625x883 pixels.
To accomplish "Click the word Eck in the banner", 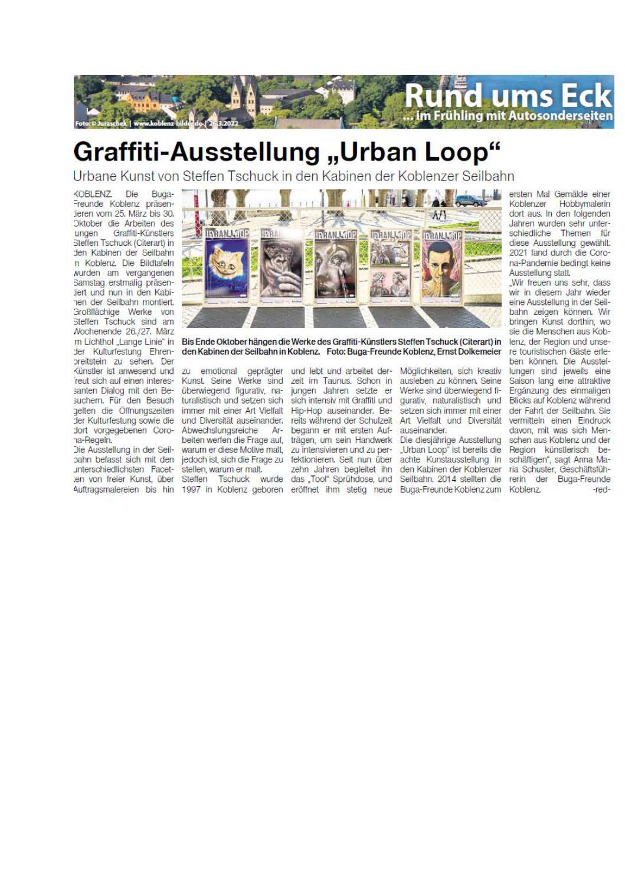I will [585, 96].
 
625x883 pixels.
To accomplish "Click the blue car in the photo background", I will [468, 201].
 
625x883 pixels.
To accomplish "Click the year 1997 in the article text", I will [191, 490].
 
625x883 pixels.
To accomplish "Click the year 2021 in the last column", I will [519, 253].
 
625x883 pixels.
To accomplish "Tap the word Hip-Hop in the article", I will [306, 411].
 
